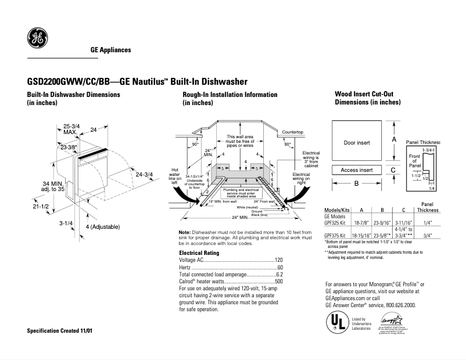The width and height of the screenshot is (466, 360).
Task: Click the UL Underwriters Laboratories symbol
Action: coord(336,322)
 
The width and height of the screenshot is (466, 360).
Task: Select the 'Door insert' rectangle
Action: coord(357,142)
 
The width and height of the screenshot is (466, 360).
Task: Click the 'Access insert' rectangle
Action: coord(357,170)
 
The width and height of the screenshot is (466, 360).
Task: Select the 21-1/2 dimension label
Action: coord(40,206)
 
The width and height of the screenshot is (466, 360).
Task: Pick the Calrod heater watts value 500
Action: coord(278,281)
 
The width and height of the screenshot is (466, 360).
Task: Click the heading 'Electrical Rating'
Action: coord(199,253)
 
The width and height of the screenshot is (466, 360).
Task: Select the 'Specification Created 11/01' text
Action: coord(60,330)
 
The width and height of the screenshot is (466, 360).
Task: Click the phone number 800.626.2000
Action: coord(399,305)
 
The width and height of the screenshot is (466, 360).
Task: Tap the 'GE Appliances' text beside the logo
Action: coord(110,50)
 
